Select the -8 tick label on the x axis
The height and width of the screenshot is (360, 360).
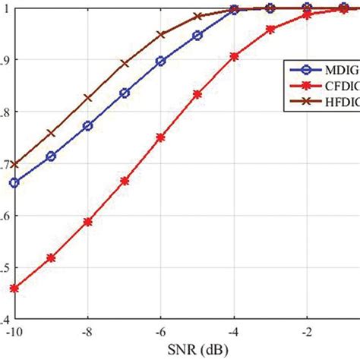(x=87, y=333)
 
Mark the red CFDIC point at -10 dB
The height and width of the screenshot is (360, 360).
(x=14, y=289)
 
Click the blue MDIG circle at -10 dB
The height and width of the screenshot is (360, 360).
(x=14, y=182)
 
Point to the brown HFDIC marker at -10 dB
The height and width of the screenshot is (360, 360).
(x=14, y=164)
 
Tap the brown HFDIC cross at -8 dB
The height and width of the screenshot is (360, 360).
(x=87, y=98)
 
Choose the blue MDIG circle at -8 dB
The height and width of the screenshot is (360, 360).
(x=87, y=125)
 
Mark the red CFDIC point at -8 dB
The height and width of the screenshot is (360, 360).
(x=87, y=222)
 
